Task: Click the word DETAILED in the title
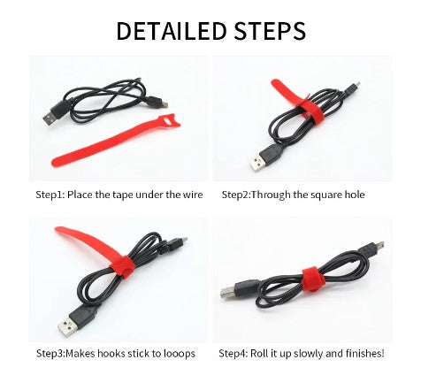[172, 30]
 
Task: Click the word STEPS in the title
[270, 30]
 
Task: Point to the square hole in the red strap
[171, 121]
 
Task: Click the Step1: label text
[50, 195]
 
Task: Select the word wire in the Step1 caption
[192, 195]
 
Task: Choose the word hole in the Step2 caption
[355, 195]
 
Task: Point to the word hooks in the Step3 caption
[113, 353]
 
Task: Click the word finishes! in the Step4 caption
[365, 353]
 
